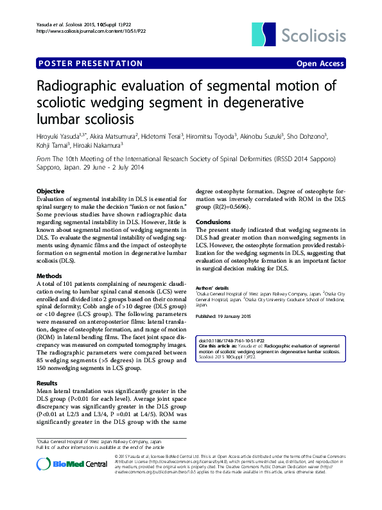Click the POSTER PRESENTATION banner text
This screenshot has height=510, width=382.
click(91, 64)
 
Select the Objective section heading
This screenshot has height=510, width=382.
click(50, 191)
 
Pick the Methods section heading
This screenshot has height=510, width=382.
click(49, 276)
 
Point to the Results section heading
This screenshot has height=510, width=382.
click(48, 383)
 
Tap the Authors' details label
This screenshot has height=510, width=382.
click(212, 287)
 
